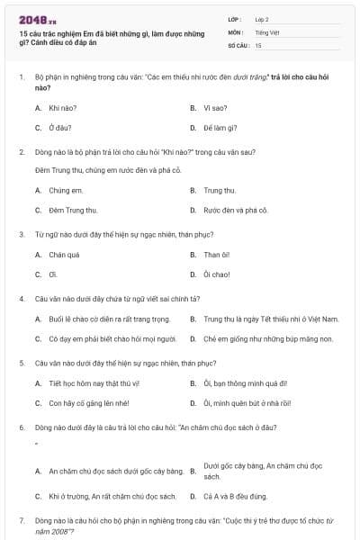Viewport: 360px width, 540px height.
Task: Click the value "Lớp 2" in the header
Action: [x=263, y=19]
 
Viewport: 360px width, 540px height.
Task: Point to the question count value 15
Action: [x=258, y=44]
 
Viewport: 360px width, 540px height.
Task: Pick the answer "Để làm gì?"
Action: [x=220, y=127]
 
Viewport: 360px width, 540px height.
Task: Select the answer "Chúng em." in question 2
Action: [x=60, y=190]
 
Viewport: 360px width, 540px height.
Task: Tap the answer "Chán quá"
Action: [x=60, y=255]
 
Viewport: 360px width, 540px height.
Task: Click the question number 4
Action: [x=21, y=298]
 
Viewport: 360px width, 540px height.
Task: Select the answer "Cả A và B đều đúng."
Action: [x=237, y=496]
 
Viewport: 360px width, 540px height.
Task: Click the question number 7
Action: [x=21, y=521]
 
